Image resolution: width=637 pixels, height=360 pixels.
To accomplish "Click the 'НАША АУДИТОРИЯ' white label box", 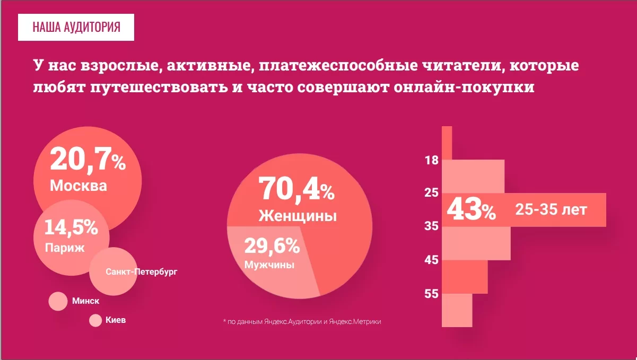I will [x=76, y=27].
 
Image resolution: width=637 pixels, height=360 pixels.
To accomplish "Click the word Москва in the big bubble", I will [x=78, y=186].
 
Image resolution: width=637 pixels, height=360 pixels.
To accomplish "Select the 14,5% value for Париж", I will [x=71, y=227].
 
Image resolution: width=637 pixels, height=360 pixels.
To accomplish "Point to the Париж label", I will [x=65, y=248].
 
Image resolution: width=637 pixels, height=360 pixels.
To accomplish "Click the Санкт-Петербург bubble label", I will [x=141, y=272].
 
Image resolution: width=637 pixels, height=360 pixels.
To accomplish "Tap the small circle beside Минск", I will [x=58, y=301].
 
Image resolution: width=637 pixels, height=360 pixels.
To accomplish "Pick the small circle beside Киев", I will [x=95, y=321].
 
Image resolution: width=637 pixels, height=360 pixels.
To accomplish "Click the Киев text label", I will [x=116, y=320].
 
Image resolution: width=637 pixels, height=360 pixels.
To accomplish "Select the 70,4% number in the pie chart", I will [x=296, y=189].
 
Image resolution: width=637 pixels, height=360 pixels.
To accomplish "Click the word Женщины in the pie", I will [x=298, y=216].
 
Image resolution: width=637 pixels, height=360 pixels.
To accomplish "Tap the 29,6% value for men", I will [x=272, y=246].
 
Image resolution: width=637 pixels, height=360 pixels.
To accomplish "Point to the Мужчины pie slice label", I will [x=269, y=264].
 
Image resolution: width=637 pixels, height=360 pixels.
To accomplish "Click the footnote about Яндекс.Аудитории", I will [x=302, y=321].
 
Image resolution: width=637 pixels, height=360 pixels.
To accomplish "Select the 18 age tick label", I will [x=431, y=160].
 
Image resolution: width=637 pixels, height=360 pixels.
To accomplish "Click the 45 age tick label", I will [x=431, y=260].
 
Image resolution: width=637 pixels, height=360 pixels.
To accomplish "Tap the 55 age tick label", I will [x=431, y=294].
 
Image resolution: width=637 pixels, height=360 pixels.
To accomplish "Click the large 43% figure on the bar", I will [x=471, y=210].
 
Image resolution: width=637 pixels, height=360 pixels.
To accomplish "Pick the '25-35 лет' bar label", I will [x=551, y=210].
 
